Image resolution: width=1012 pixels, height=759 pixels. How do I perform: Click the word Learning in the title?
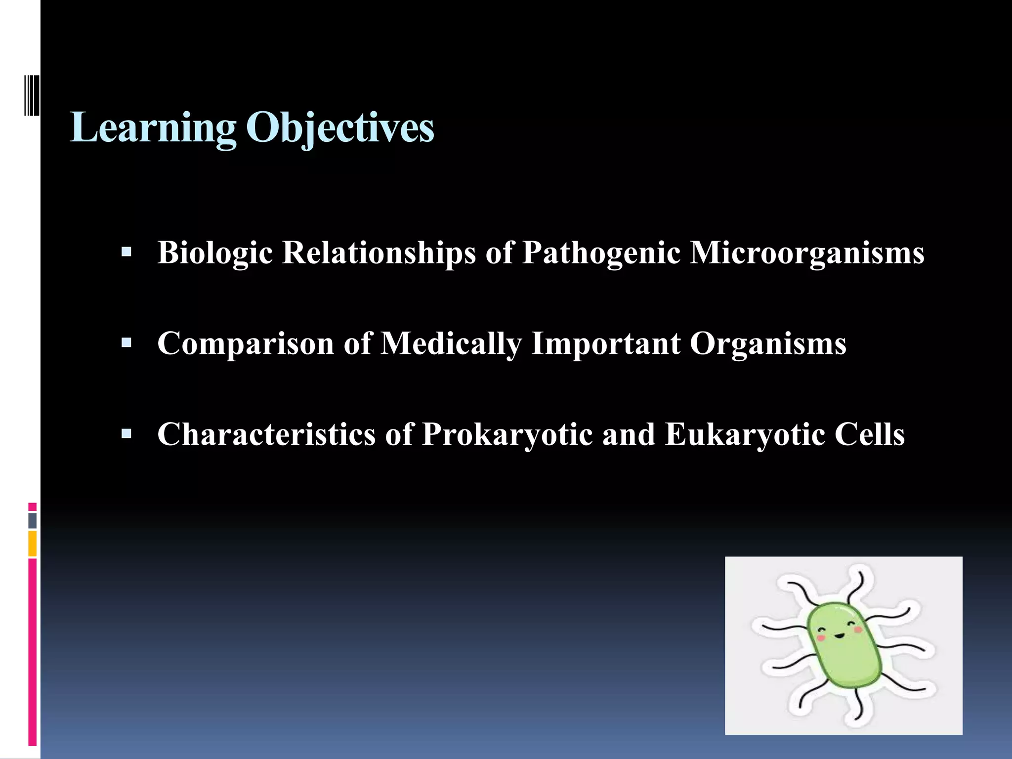(153, 127)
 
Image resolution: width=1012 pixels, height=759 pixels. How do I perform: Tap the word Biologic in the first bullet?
(215, 253)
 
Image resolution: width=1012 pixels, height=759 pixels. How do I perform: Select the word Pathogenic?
(601, 253)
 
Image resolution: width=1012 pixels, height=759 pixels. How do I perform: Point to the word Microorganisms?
(806, 253)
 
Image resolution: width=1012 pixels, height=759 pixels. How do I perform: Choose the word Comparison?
(246, 343)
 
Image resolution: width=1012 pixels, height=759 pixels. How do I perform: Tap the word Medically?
(451, 343)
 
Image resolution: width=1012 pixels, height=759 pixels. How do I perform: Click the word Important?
(605, 343)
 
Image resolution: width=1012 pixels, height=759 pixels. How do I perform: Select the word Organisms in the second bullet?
(768, 343)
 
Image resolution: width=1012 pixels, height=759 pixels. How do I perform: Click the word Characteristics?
(266, 434)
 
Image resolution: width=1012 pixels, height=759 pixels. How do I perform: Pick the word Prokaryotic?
(507, 434)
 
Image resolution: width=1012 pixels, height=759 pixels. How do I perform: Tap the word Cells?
(870, 434)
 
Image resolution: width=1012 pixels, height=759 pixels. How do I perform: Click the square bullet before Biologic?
(126, 253)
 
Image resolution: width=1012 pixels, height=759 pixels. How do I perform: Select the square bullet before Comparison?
(126, 343)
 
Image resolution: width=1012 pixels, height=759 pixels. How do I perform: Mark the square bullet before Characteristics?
(126, 434)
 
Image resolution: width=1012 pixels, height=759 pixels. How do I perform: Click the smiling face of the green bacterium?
(839, 632)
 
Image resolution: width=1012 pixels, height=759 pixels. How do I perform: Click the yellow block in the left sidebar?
(32, 544)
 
